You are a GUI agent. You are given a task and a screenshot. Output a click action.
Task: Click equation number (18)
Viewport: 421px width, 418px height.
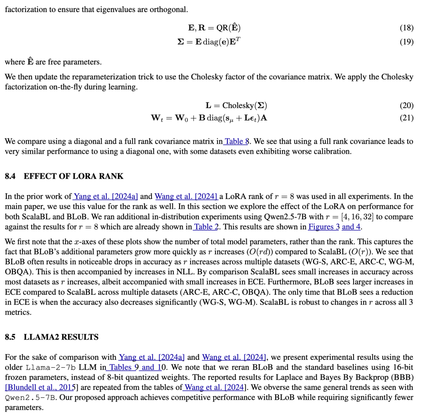[407, 28]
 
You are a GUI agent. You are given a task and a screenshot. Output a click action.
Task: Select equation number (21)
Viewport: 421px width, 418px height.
[407, 117]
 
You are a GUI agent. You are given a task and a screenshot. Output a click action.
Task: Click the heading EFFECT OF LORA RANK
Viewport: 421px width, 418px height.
[73, 176]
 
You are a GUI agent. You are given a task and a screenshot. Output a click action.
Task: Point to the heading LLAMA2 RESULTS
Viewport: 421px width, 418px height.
[61, 337]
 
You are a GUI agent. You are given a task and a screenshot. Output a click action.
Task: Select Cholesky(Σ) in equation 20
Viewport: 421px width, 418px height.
[244, 105]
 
